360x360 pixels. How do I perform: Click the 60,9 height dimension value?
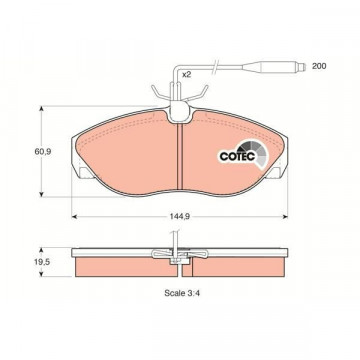pyautogui.click(x=42, y=152)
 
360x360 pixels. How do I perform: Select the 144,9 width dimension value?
pyautogui.click(x=180, y=217)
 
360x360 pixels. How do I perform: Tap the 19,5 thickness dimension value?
pyautogui.click(x=42, y=262)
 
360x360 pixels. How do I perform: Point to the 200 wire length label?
pyautogui.click(x=319, y=66)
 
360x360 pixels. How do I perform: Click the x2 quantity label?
pyautogui.click(x=186, y=75)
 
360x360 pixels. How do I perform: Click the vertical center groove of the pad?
pyautogui.click(x=180, y=157)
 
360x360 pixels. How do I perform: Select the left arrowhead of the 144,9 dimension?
pyautogui.click(x=75, y=217)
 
